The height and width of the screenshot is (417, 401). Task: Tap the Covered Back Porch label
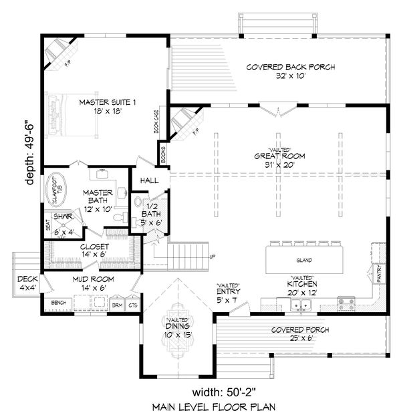tap(290, 72)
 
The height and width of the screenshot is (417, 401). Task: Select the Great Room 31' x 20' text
tap(270, 159)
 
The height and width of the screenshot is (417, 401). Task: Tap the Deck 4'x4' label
tap(27, 283)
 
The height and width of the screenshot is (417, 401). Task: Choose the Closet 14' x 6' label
tap(93, 251)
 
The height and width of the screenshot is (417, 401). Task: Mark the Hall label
tap(150, 180)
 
